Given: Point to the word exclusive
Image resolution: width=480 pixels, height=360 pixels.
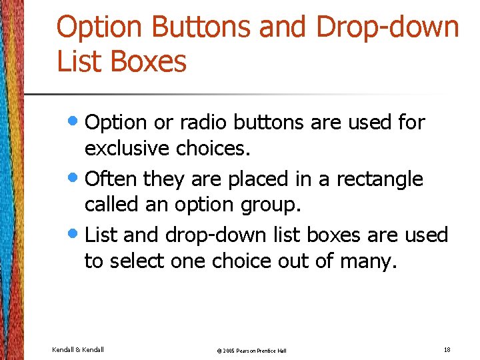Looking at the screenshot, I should click(128, 149).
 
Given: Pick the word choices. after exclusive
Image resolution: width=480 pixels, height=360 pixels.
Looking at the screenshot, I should click(213, 149).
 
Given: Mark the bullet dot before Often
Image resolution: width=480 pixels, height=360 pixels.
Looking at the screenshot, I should click(77, 178).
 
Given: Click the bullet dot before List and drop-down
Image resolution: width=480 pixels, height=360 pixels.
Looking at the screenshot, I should click(77, 234).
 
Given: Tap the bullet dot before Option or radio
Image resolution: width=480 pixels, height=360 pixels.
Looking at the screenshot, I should click(77, 121).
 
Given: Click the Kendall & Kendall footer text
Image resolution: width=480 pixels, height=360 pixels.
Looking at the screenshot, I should click(77, 349).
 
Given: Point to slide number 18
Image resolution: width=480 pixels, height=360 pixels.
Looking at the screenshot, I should click(446, 349).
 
